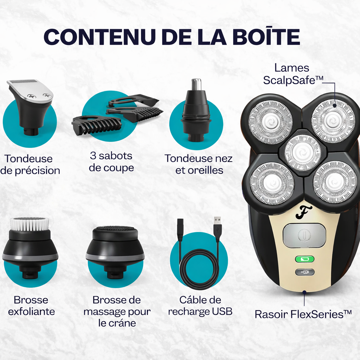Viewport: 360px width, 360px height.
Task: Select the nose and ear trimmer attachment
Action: click(x=196, y=112)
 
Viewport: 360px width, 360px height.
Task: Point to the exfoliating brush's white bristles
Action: click(x=30, y=223)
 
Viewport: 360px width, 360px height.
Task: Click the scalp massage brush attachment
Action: click(x=115, y=250)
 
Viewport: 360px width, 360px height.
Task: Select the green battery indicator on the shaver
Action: click(x=304, y=259)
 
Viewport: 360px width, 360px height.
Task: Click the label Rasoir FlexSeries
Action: click(x=303, y=314)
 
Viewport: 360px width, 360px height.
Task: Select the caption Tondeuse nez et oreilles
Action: click(x=199, y=164)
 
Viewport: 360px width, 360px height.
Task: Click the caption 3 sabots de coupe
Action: click(x=111, y=162)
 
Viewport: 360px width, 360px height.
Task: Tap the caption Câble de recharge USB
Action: click(x=200, y=306)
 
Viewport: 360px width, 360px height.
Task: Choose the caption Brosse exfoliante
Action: click(x=31, y=306)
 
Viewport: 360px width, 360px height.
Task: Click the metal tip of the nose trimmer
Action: click(x=196, y=84)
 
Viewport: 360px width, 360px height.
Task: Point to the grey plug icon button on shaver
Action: click(x=304, y=272)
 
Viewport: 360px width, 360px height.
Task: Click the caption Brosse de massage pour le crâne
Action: click(x=117, y=311)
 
